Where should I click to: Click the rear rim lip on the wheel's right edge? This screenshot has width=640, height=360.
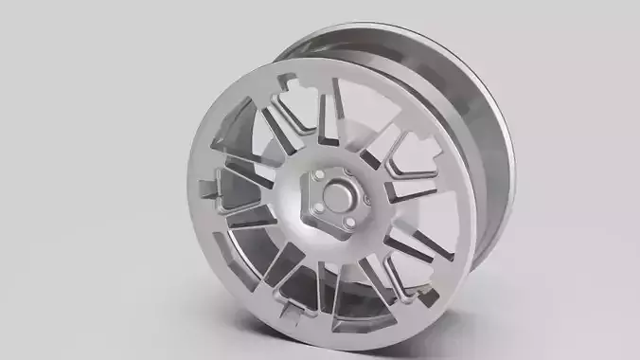[x=502, y=171]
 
